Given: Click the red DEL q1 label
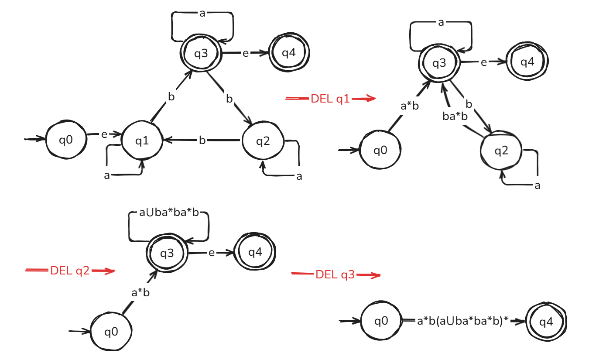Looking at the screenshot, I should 330,99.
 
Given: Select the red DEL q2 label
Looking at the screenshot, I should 70,271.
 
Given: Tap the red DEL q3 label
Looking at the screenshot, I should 335,274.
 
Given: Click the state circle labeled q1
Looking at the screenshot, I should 142,141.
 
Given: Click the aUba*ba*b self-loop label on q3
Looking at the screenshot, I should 168,213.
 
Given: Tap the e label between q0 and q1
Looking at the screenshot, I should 104,134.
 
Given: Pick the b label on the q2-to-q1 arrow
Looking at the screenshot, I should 202,141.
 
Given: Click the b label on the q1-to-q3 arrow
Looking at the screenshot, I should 171,97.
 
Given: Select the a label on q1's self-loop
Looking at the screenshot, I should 107,175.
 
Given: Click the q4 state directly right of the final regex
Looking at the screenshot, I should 546,322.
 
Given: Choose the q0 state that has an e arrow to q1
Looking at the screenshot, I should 66,141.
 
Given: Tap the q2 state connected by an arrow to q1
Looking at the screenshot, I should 263,141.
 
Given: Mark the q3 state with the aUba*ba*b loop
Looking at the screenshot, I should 167,253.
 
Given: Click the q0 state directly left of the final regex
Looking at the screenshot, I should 381,322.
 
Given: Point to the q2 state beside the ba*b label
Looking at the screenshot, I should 501,151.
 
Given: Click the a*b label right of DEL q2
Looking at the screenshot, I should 140,293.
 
